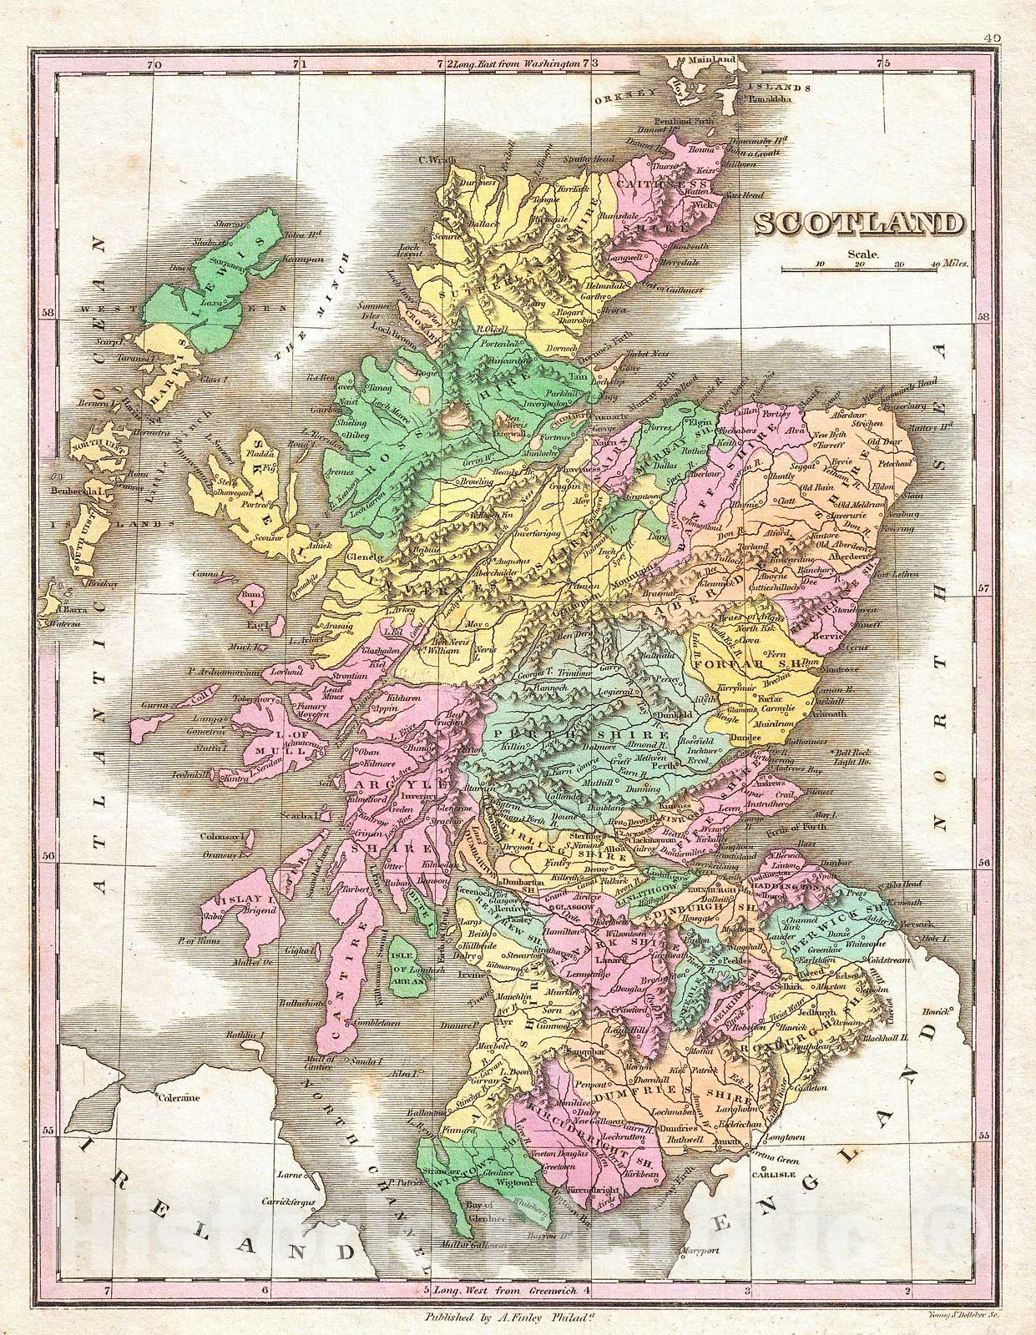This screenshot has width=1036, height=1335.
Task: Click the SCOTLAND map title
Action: (858, 224)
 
